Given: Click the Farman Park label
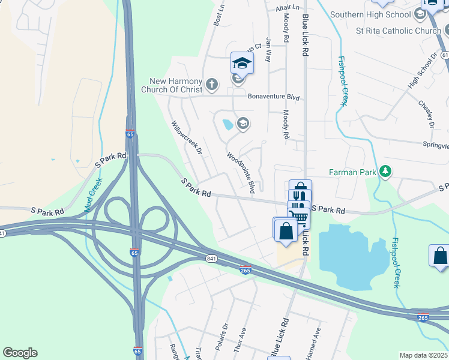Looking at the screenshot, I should [352, 172].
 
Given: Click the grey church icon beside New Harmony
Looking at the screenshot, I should [211, 85].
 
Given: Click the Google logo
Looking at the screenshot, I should [20, 353].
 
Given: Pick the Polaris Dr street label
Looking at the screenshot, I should [225, 334].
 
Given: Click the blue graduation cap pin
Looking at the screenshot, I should [242, 62].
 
